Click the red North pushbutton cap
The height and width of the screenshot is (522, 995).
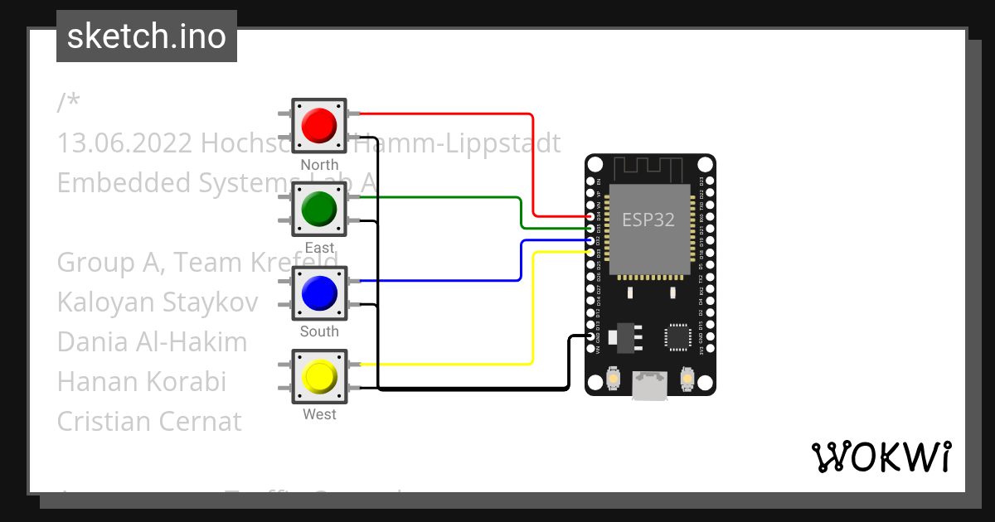pyautogui.click(x=319, y=125)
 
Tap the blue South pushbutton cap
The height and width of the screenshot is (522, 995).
pyautogui.click(x=319, y=292)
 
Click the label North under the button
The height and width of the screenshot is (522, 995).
pyautogui.click(x=319, y=165)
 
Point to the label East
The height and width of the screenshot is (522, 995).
pyautogui.click(x=319, y=248)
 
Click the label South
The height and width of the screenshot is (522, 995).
pyautogui.click(x=319, y=331)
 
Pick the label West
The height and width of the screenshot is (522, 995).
pyautogui.click(x=319, y=414)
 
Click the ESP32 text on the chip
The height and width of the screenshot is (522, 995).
pyautogui.click(x=648, y=220)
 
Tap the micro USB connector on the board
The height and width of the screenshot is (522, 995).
pyautogui.click(x=649, y=384)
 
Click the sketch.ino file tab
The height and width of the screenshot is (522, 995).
pyautogui.click(x=147, y=36)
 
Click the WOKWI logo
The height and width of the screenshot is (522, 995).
pyautogui.click(x=881, y=457)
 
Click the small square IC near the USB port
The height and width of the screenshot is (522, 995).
pyautogui.click(x=678, y=337)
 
